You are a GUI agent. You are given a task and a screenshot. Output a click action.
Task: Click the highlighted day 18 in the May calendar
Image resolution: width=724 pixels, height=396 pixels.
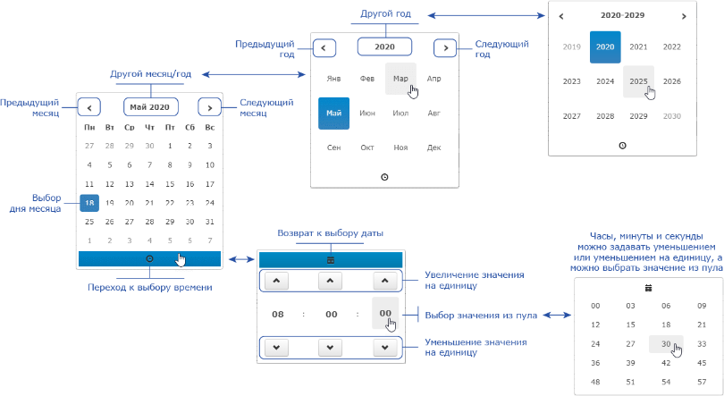pos(89,203)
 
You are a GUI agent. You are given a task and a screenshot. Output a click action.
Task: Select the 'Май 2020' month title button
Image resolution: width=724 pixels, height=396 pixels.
pos(150,107)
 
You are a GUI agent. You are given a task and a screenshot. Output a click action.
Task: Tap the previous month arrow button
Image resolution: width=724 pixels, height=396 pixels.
pos(89,107)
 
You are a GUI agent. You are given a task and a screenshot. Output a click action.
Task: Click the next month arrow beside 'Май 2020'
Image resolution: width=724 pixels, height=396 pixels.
pos(210,107)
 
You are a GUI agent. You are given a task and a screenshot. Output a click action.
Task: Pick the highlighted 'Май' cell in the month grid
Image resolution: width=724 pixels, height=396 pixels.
pos(333,113)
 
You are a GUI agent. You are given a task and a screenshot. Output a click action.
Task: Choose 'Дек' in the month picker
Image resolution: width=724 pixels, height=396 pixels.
pos(434,147)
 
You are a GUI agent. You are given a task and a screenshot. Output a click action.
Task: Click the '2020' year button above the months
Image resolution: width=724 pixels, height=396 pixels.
pos(384,46)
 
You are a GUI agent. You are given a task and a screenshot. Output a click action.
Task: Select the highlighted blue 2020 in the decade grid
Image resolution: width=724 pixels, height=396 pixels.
pos(605,47)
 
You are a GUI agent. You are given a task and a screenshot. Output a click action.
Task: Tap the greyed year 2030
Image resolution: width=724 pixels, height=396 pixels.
pos(672,116)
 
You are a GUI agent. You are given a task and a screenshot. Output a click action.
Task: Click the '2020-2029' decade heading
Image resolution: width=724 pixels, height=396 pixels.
pos(622,15)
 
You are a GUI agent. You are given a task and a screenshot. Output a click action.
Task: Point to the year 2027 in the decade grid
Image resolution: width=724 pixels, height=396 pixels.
pos(572,116)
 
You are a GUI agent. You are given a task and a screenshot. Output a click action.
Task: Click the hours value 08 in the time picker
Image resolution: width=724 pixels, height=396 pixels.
pos(278,315)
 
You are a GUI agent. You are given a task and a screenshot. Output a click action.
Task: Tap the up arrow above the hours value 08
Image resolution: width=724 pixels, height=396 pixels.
pos(276,281)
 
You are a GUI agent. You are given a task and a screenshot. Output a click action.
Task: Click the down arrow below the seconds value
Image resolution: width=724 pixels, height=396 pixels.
pos(385,348)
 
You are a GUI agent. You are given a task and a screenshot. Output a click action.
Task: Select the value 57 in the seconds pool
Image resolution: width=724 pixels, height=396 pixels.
pos(702,382)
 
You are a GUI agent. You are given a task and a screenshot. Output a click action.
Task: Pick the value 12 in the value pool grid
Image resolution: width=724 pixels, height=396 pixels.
pos(595,324)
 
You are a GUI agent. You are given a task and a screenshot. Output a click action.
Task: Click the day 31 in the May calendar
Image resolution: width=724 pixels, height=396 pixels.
pos(210,222)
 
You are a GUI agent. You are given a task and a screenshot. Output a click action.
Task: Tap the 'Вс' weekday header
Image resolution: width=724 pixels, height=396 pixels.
pos(210,128)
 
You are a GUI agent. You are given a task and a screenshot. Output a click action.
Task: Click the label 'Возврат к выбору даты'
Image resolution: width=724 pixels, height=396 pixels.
pos(330,233)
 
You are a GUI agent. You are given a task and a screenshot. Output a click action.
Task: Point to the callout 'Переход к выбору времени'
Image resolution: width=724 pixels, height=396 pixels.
pos(150,288)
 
